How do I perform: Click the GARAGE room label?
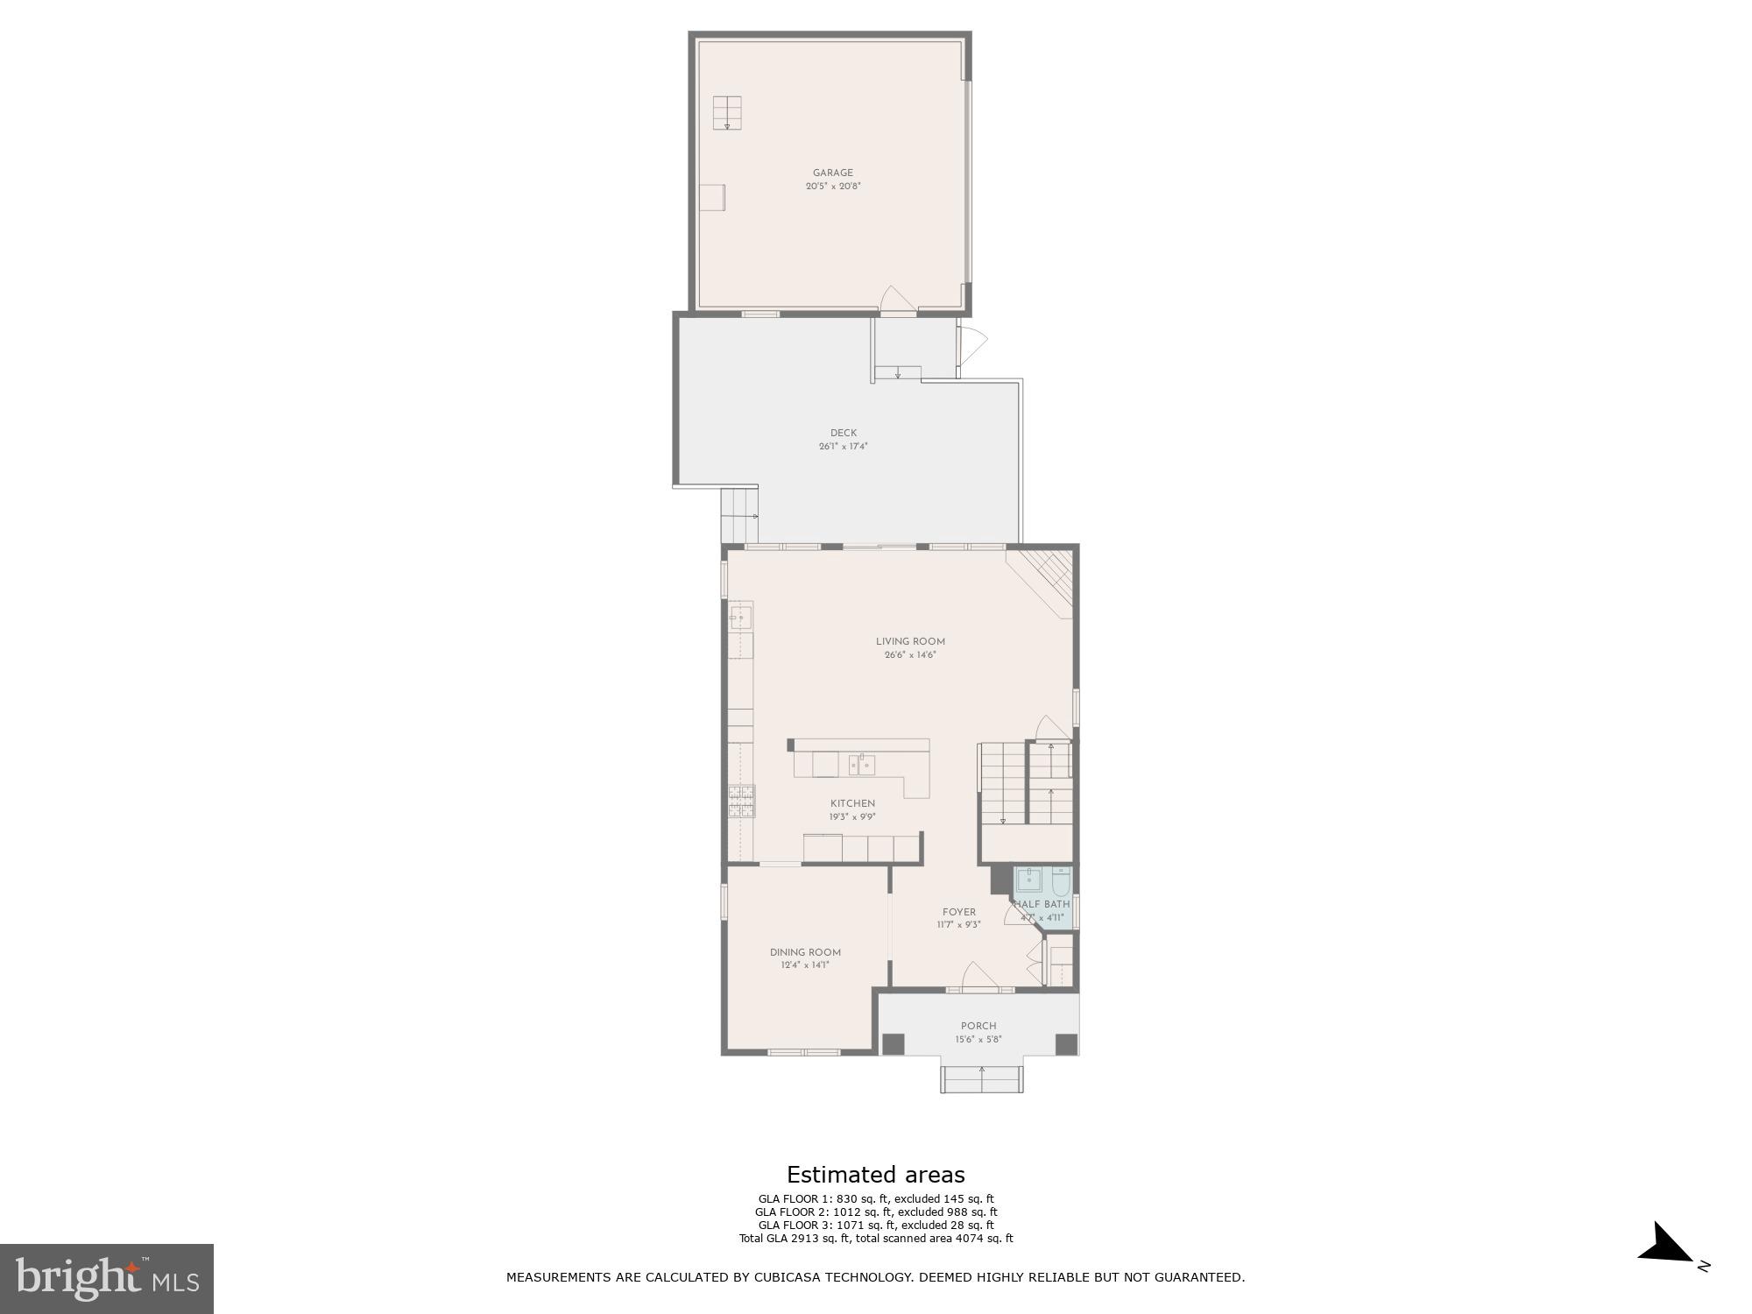832,173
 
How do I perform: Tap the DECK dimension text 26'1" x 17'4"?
843,447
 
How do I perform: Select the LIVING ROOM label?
910,641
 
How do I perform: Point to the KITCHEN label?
852,803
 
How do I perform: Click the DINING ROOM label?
805,952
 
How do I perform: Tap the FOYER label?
959,912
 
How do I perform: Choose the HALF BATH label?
1042,904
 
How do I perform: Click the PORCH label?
978,1026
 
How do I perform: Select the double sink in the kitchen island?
861,765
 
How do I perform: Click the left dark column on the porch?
893,1044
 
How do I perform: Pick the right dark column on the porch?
1065,1044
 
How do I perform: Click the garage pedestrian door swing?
897,300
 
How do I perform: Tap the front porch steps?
982,1079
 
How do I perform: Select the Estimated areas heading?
875,1175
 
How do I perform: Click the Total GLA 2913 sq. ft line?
875,1239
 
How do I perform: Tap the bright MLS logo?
107,1278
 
